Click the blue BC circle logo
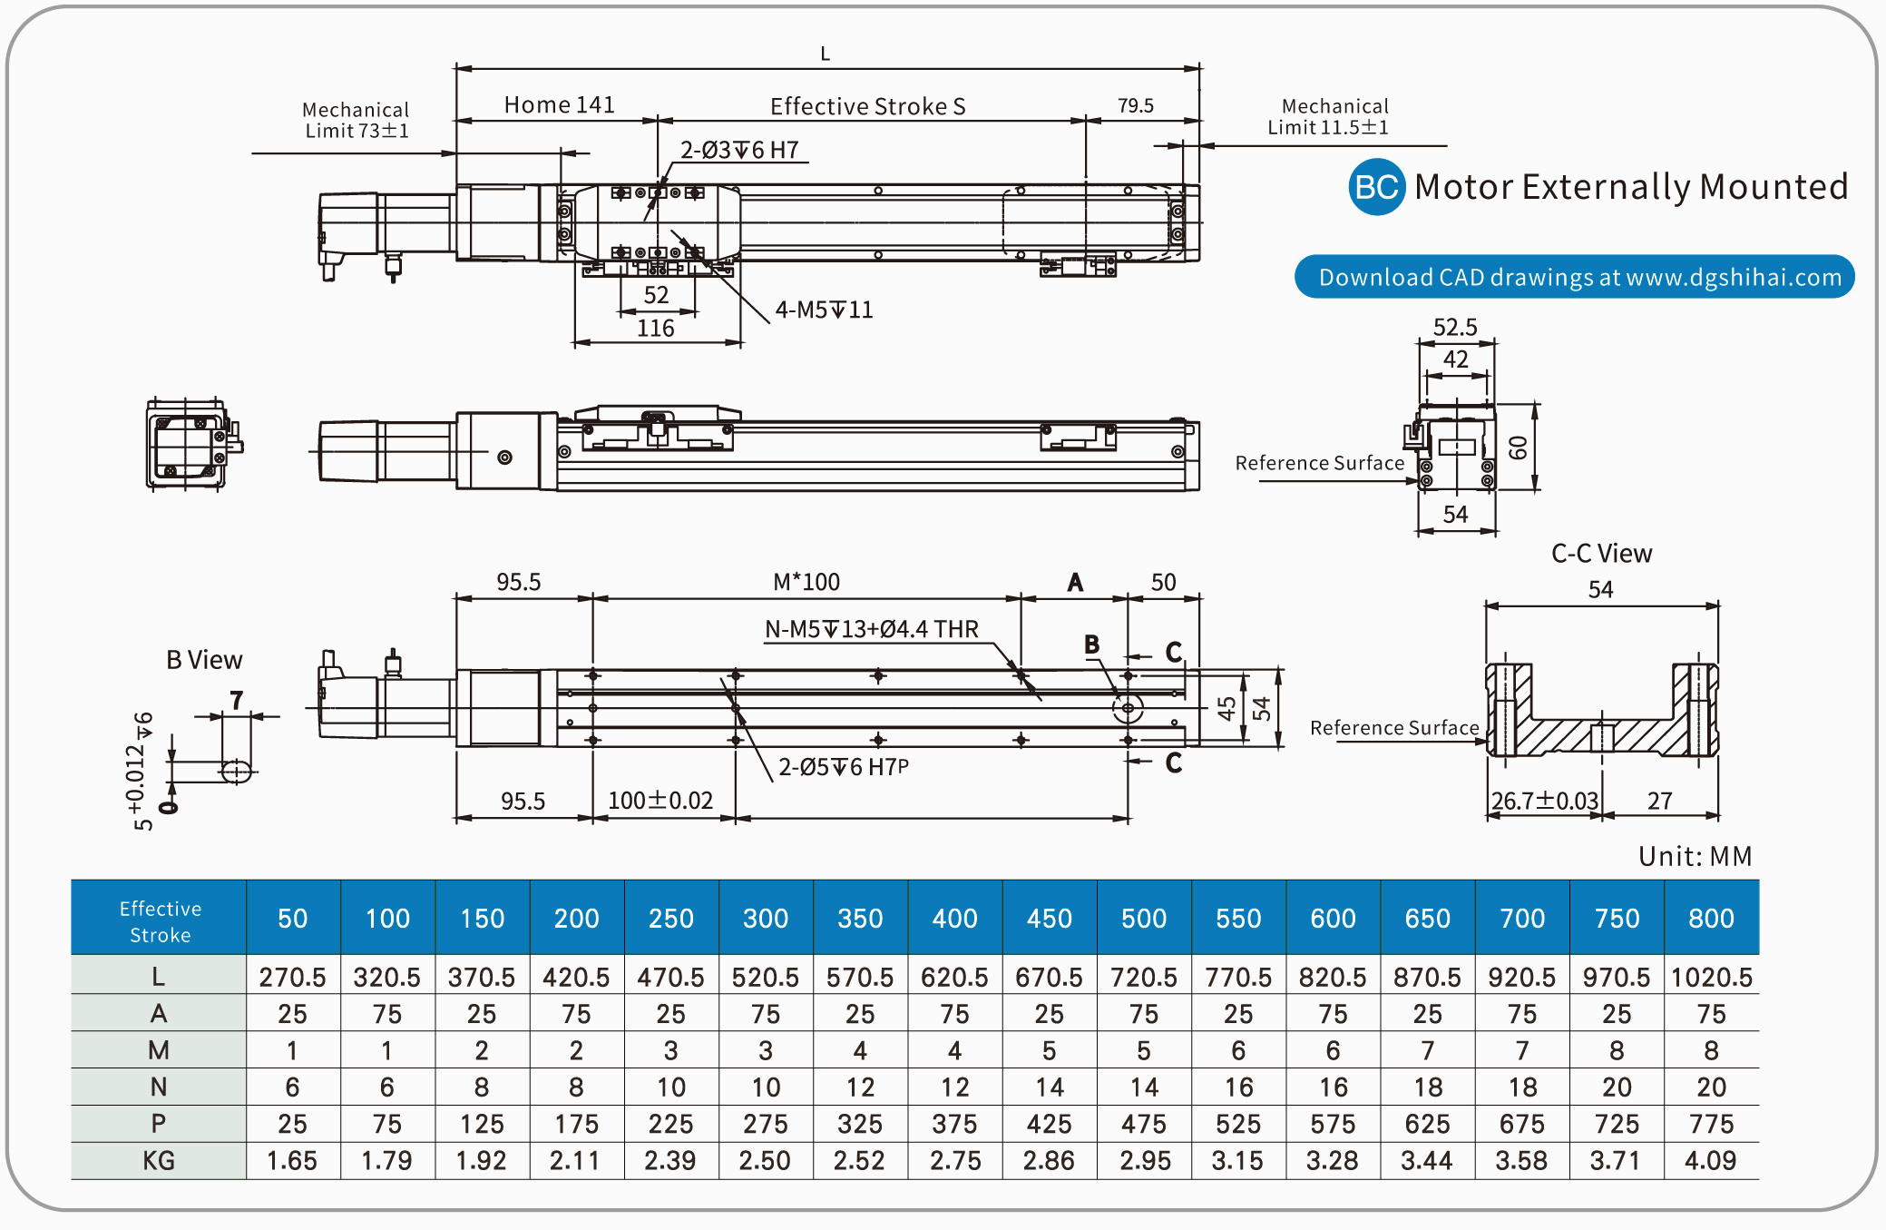(1375, 187)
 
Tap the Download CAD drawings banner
(1574, 277)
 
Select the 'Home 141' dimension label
(559, 105)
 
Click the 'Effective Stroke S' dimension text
(867, 107)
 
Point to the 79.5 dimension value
(1135, 106)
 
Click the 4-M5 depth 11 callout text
(824, 310)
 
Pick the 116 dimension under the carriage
(655, 329)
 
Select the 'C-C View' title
(1601, 554)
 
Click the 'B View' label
(204, 660)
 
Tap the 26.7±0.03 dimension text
(1544, 801)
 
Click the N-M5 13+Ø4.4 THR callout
(871, 629)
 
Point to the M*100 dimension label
(806, 582)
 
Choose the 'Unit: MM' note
(1694, 856)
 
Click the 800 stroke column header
(1711, 919)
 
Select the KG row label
(159, 1161)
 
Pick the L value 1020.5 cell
(1711, 978)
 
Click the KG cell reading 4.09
(1711, 1161)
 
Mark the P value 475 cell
(1144, 1125)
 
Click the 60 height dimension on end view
(1518, 448)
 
